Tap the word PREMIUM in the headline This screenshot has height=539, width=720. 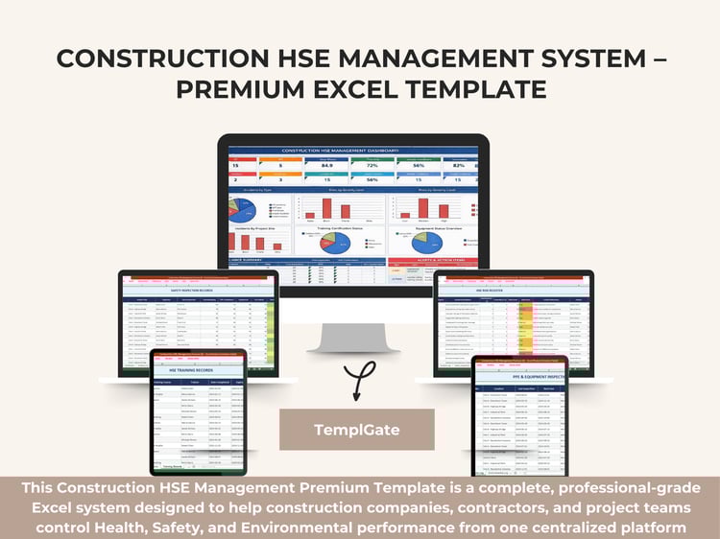click(239, 89)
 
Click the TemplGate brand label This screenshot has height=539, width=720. click(357, 430)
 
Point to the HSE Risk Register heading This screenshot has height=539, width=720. click(515, 289)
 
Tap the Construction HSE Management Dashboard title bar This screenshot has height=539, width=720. click(352, 150)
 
